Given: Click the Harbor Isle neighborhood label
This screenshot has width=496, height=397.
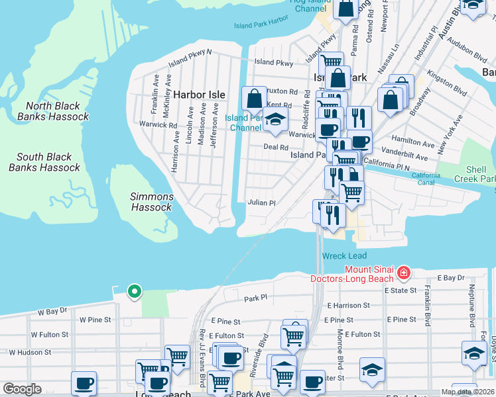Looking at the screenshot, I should (x=199, y=95).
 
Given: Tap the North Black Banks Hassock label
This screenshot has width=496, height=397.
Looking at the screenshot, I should (x=53, y=111).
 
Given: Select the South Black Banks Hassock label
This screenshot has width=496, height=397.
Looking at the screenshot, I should (x=44, y=162).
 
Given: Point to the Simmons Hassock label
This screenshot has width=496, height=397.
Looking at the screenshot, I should (x=151, y=202).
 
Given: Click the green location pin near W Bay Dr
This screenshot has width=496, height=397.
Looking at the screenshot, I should (x=134, y=291).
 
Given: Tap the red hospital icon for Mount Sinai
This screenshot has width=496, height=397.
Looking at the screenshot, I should (x=403, y=273).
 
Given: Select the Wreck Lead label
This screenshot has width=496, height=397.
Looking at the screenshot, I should (x=344, y=256).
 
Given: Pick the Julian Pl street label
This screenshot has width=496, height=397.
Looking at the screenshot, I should (x=261, y=203).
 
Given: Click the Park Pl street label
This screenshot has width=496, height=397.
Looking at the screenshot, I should (x=255, y=298).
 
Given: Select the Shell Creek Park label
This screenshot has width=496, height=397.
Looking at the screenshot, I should (x=475, y=174).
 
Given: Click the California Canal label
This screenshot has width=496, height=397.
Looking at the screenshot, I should (x=426, y=179).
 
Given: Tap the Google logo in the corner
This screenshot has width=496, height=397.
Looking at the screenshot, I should (x=22, y=389).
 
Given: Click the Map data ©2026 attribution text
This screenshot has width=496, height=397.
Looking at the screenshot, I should (x=467, y=392).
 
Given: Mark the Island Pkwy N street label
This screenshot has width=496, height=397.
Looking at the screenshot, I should (x=190, y=57).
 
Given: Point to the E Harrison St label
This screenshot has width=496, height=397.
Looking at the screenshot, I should (x=348, y=306).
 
